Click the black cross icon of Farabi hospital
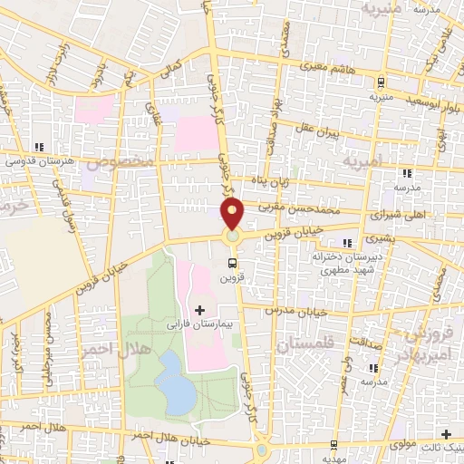point(199,310)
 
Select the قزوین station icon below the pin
point(234,264)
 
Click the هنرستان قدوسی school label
point(37,161)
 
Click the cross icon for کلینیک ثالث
point(444,433)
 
